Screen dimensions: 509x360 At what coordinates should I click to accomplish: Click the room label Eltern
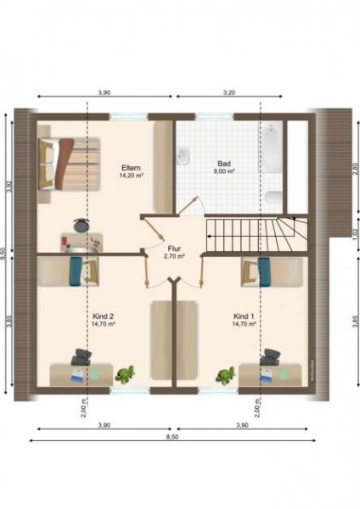pyautogui.click(x=131, y=167)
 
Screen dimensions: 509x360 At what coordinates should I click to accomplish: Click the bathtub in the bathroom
pyautogui.click(x=272, y=148)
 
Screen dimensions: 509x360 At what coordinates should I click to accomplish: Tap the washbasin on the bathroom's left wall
pyautogui.click(x=183, y=156)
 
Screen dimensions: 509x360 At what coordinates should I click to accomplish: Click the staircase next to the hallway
pyautogui.click(x=255, y=233)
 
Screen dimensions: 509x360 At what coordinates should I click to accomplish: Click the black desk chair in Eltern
pyautogui.click(x=80, y=226)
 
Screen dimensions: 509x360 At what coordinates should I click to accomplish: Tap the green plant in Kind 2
pyautogui.click(x=126, y=372)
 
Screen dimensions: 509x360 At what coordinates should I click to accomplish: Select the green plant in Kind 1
pyautogui.click(x=226, y=374)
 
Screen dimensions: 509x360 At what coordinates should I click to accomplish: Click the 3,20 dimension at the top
pyautogui.click(x=229, y=91)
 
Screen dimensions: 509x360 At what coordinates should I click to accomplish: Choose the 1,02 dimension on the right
pyautogui.click(x=355, y=235)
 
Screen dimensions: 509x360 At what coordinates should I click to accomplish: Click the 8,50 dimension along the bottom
pyautogui.click(x=172, y=438)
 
